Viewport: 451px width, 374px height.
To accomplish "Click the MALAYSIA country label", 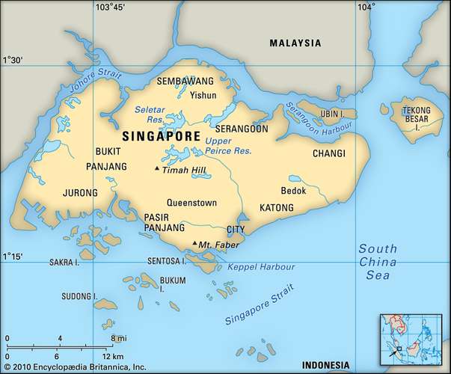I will click(295, 43).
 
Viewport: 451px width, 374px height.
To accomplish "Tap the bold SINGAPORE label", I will click(160, 137).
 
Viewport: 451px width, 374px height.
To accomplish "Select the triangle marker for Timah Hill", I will click(156, 169).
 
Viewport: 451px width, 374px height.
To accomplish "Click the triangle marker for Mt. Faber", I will click(194, 244).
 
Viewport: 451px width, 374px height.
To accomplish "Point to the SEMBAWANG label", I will click(184, 81).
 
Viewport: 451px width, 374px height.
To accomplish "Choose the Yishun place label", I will click(203, 95).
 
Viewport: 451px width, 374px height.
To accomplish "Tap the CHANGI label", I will click(329, 153).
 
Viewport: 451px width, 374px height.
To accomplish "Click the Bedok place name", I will click(293, 190).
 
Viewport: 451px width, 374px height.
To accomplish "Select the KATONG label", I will click(276, 206).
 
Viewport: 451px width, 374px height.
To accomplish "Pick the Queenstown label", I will click(191, 202).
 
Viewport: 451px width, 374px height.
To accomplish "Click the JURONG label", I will click(81, 193).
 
